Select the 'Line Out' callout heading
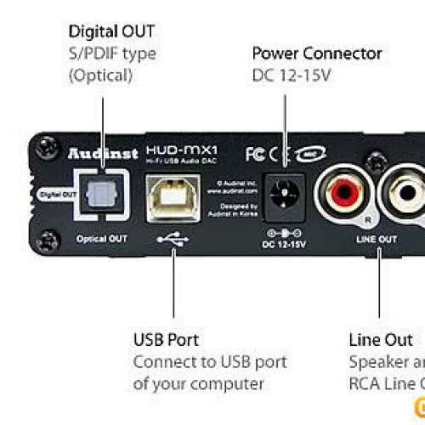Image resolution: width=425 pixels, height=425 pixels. click(380, 340)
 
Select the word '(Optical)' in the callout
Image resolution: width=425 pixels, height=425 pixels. click(100, 75)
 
